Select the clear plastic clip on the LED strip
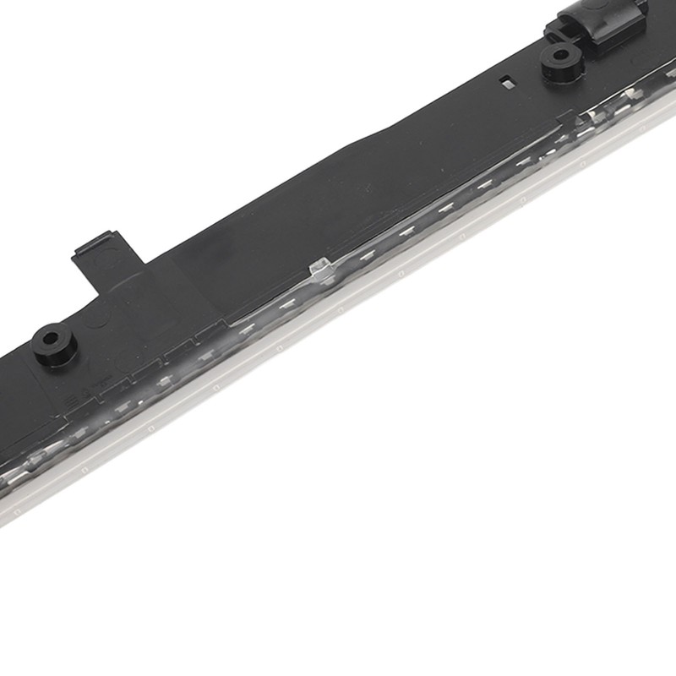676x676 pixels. click(x=319, y=269)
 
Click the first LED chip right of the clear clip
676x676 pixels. click(x=363, y=252)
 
